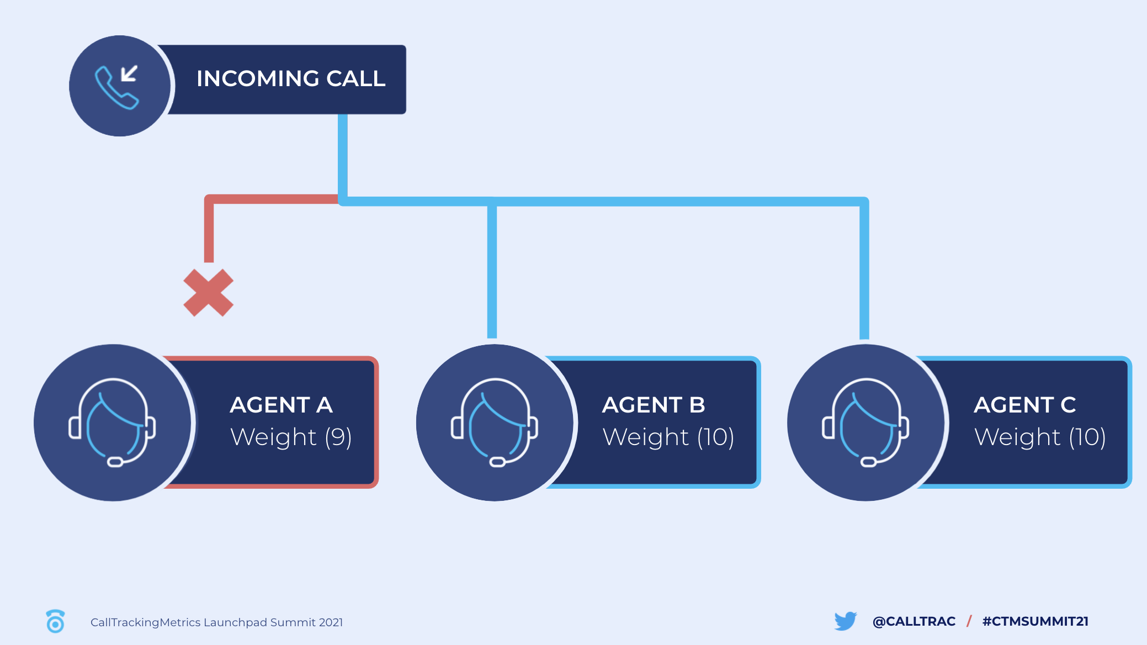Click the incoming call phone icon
(x=116, y=87)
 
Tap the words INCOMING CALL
(x=291, y=78)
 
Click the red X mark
(x=209, y=293)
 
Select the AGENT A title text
(x=282, y=405)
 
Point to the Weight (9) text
(x=291, y=437)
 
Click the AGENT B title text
(x=654, y=405)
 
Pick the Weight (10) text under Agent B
(x=668, y=437)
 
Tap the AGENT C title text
(x=1025, y=405)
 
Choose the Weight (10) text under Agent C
(x=1040, y=437)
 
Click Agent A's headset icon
(x=113, y=422)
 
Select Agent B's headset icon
(x=495, y=422)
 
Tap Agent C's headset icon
(x=865, y=422)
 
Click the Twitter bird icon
(x=846, y=621)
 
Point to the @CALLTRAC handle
(x=914, y=621)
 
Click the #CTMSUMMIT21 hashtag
(x=1036, y=621)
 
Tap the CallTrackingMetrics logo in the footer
(x=55, y=621)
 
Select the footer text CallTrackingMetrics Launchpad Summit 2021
(x=217, y=622)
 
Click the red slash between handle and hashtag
(x=969, y=621)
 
